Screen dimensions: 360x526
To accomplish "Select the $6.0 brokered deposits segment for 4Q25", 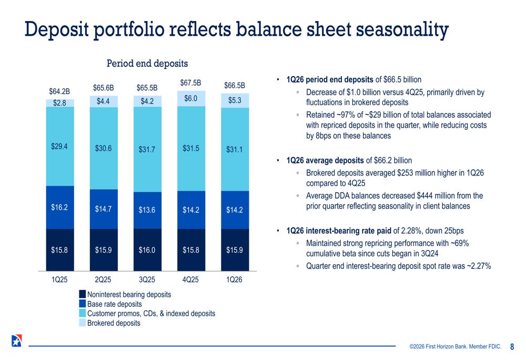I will [190, 98].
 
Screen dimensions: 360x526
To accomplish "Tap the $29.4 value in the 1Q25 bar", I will [59, 147].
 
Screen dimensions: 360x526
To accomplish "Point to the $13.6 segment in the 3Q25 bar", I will [147, 210].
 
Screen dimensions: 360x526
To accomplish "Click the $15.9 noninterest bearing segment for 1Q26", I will [234, 250].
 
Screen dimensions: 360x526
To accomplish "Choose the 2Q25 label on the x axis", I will [103, 280].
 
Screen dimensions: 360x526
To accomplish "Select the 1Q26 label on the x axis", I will [234, 280].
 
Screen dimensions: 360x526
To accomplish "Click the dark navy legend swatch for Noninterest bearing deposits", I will [83, 295].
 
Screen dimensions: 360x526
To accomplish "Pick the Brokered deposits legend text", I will [114, 323].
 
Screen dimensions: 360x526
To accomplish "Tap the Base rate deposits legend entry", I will [114, 304].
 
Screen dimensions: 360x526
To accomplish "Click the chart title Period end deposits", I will [147, 64].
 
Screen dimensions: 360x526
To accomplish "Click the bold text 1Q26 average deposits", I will [325, 160].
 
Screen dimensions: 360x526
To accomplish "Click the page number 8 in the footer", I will [512, 346].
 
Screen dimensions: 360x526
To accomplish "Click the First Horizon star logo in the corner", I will [16, 341].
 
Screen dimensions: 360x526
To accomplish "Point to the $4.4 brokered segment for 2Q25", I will [103, 101].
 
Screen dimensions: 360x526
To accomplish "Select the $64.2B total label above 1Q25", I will [59, 92].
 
